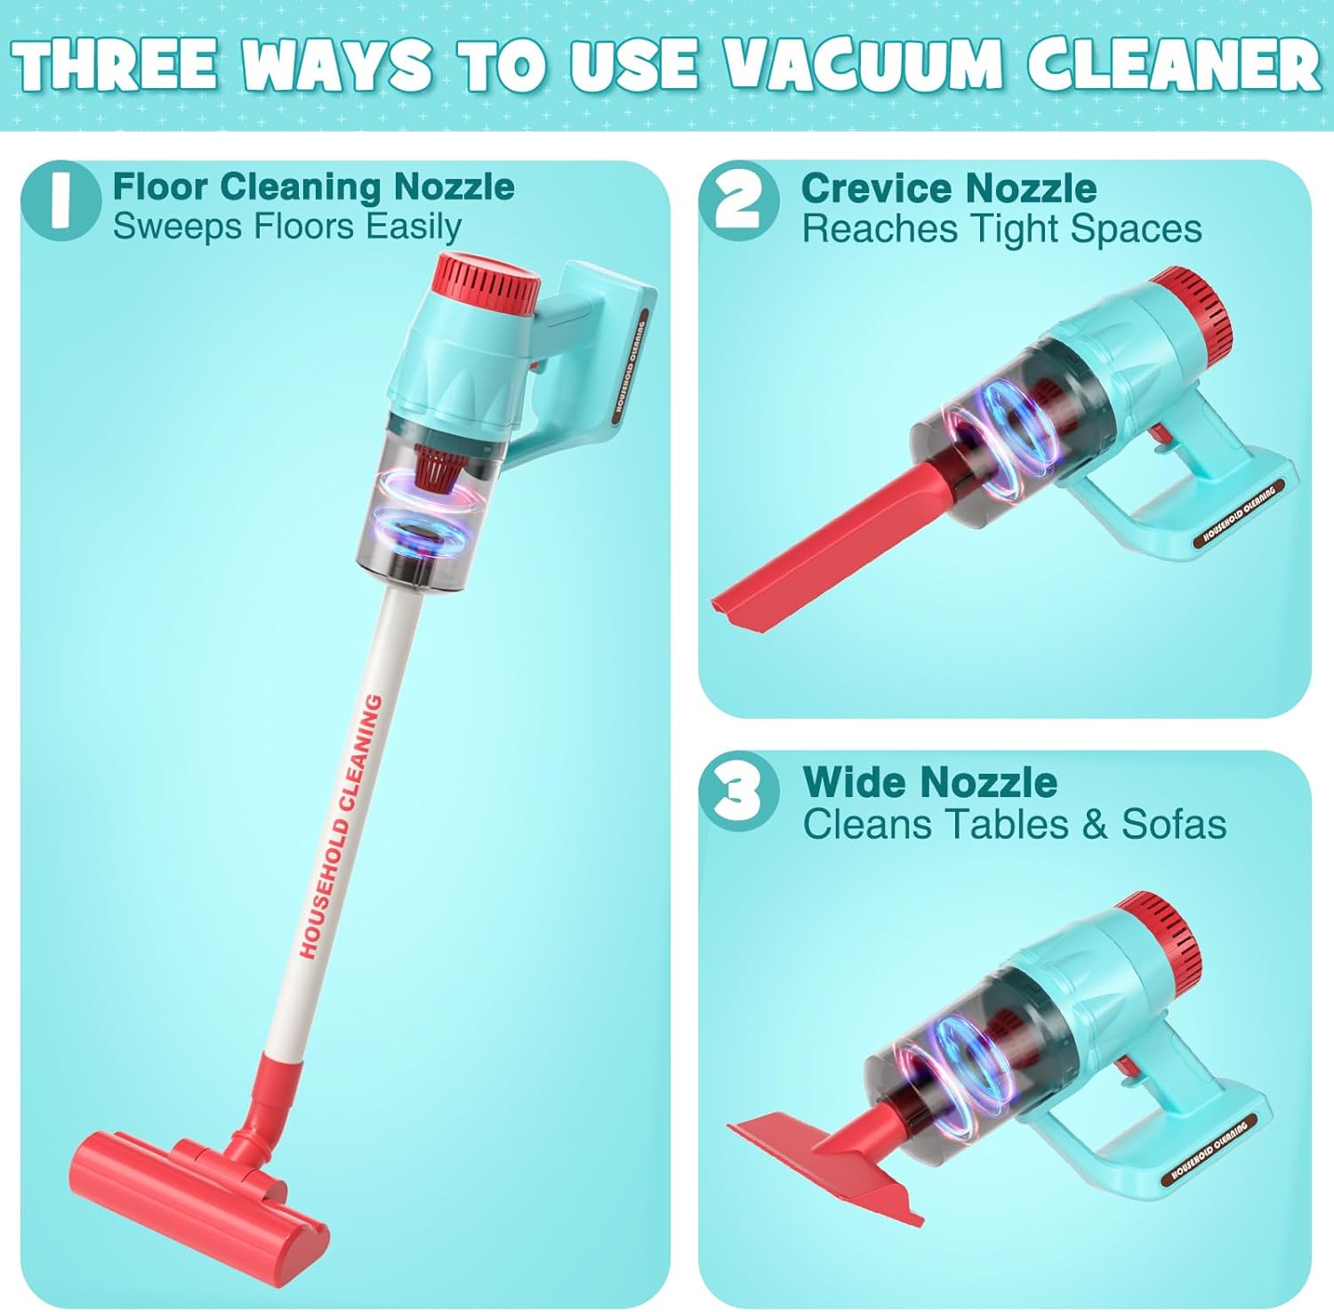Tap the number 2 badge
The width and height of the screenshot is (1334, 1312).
click(x=738, y=202)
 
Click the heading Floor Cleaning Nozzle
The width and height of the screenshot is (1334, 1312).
click(x=313, y=187)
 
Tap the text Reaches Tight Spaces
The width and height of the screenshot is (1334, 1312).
click(x=1001, y=229)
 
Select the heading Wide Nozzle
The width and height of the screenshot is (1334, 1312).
click(x=929, y=782)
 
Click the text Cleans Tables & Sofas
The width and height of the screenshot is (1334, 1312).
click(x=1014, y=824)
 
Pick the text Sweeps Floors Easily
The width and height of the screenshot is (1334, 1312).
click(x=286, y=227)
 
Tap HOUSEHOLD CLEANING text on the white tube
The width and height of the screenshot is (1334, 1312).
click(x=342, y=827)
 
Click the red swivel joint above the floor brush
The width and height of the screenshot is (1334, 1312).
click(x=267, y=1103)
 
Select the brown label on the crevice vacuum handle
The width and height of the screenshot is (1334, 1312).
click(x=1239, y=514)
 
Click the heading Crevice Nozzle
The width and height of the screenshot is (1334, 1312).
click(x=948, y=188)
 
